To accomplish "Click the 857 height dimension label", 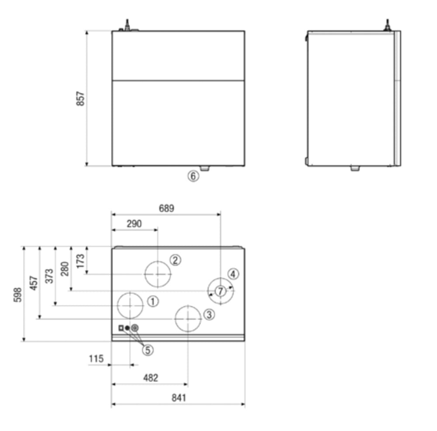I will pyautogui.click(x=80, y=99).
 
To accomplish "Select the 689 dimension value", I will pyautogui.click(x=166, y=209).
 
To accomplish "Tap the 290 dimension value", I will pyautogui.click(x=134, y=224).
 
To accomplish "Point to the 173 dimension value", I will pyautogui.click(x=80, y=260).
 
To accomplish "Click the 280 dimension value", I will pyautogui.click(x=65, y=269).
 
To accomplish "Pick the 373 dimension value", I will pyautogui.click(x=49, y=276).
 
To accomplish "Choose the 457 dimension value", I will pyautogui.click(x=34, y=283).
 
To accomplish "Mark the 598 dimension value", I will pyautogui.click(x=17, y=294).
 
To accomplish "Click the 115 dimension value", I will pyautogui.click(x=96, y=359).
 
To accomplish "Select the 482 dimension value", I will pyautogui.click(x=150, y=378).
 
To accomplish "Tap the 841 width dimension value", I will pyautogui.click(x=178, y=398).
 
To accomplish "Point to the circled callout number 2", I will pyautogui.click(x=175, y=260).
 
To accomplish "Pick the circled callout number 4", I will pyautogui.click(x=233, y=274).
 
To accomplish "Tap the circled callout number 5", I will pyautogui.click(x=149, y=349).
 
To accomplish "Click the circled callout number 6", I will pyautogui.click(x=193, y=176).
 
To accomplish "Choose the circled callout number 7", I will pyautogui.click(x=220, y=291).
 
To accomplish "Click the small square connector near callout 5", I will pyautogui.click(x=121, y=328).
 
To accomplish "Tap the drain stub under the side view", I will pyautogui.click(x=355, y=168).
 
